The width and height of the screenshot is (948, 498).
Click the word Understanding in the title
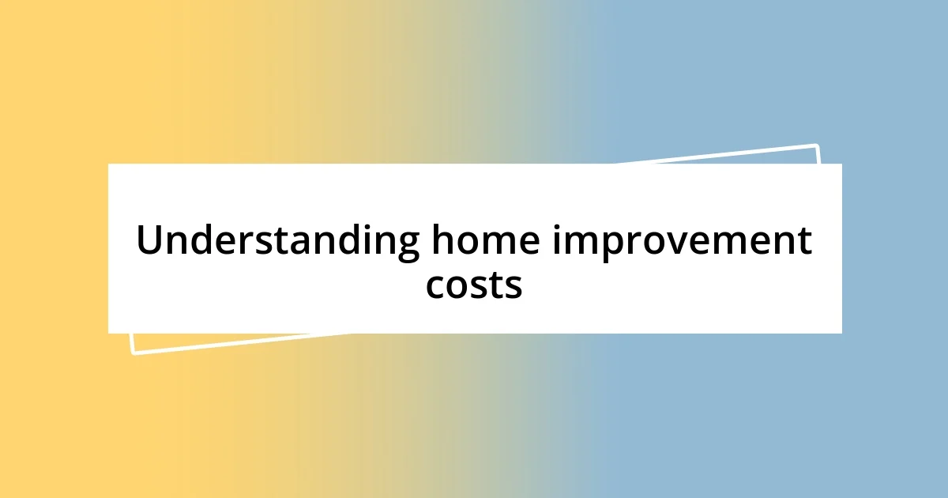pyautogui.click(x=277, y=242)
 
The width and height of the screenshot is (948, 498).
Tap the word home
pyautogui.click(x=485, y=240)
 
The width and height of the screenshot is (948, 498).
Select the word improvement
pyautogui.click(x=682, y=242)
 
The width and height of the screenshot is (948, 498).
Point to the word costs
pyautogui.click(x=474, y=285)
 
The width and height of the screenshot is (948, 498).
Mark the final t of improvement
pyautogui.click(x=804, y=241)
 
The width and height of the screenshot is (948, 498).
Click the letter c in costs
pyautogui.click(x=436, y=286)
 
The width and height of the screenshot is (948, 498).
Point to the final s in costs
pyautogui.click(x=513, y=286)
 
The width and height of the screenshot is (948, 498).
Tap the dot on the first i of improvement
pyautogui.click(x=558, y=228)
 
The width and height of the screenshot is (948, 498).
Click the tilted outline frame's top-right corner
pyautogui.click(x=816, y=145)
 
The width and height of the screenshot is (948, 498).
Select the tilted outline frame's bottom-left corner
pyautogui.click(x=133, y=353)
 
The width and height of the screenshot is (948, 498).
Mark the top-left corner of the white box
pyautogui.click(x=108, y=164)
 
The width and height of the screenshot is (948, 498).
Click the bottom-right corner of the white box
pyautogui.click(x=841, y=333)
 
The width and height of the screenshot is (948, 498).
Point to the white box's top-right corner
pyautogui.click(x=841, y=164)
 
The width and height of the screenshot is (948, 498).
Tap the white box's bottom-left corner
pyautogui.click(x=108, y=333)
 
